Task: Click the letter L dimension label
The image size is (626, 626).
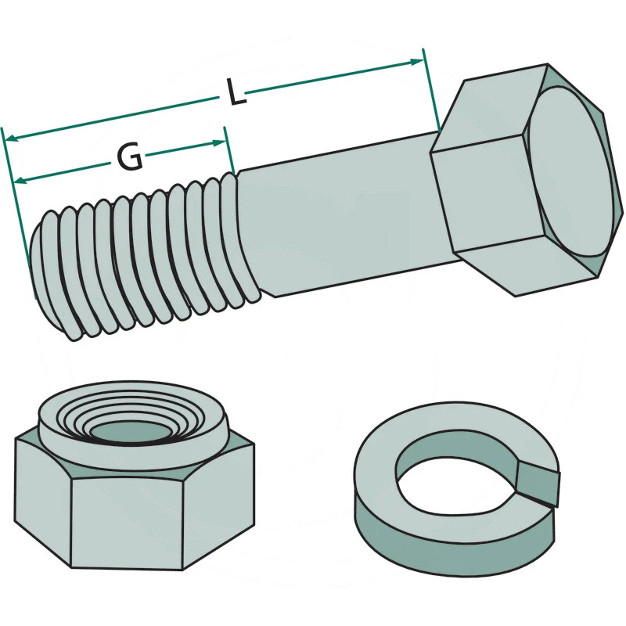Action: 236,92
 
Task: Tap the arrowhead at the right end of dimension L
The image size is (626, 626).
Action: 416,62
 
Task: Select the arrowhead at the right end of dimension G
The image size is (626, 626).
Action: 219,143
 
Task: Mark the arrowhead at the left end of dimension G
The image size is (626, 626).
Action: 20,181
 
